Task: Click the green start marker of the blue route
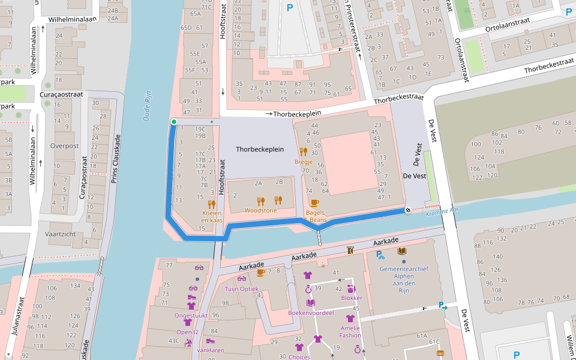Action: [174, 122]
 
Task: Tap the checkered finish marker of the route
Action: [408, 210]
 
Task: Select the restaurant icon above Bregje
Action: [303, 152]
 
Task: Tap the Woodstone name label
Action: [261, 211]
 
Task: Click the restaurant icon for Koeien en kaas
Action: [212, 204]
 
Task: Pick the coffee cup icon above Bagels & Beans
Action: [315, 203]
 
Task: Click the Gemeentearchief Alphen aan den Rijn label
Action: [404, 276]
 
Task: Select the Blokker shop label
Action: [352, 298]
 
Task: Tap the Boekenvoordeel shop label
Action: [311, 313]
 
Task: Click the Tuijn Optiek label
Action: [241, 289]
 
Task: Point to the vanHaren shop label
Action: [210, 350]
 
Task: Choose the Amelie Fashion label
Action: [350, 331]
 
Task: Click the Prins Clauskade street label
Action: [117, 158]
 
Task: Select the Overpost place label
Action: [64, 146]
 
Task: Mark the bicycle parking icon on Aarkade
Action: [380, 254]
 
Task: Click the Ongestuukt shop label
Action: [191, 315]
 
